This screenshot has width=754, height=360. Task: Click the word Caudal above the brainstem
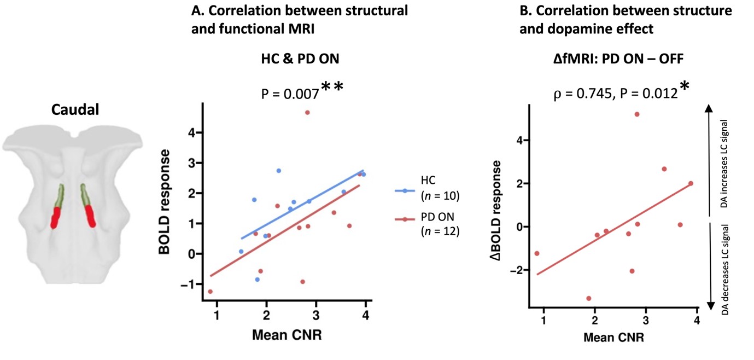click(75, 110)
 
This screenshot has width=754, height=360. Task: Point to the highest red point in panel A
click(307, 113)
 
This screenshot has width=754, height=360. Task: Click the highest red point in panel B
click(637, 114)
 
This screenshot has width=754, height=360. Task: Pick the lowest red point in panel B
click(589, 298)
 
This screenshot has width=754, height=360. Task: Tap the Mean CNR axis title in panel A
click(287, 334)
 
